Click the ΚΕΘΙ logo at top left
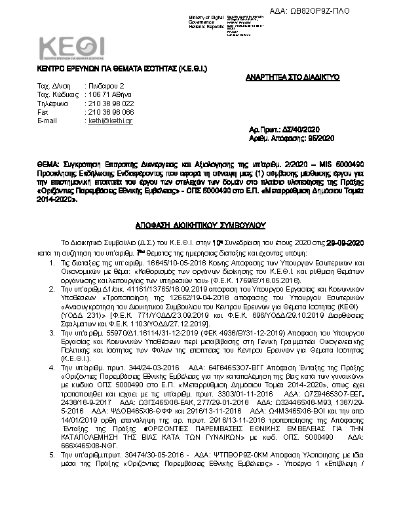(x=71, y=48)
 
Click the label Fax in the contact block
(x=43, y=112)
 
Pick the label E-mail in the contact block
(x=48, y=121)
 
